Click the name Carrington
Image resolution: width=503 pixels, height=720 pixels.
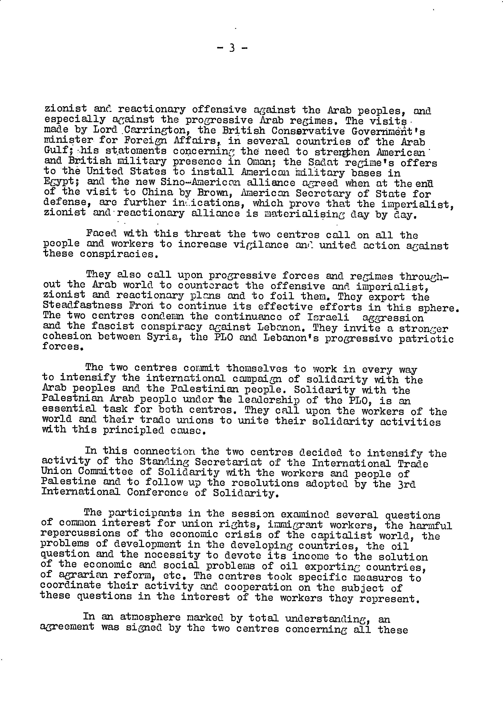pos(152,131)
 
